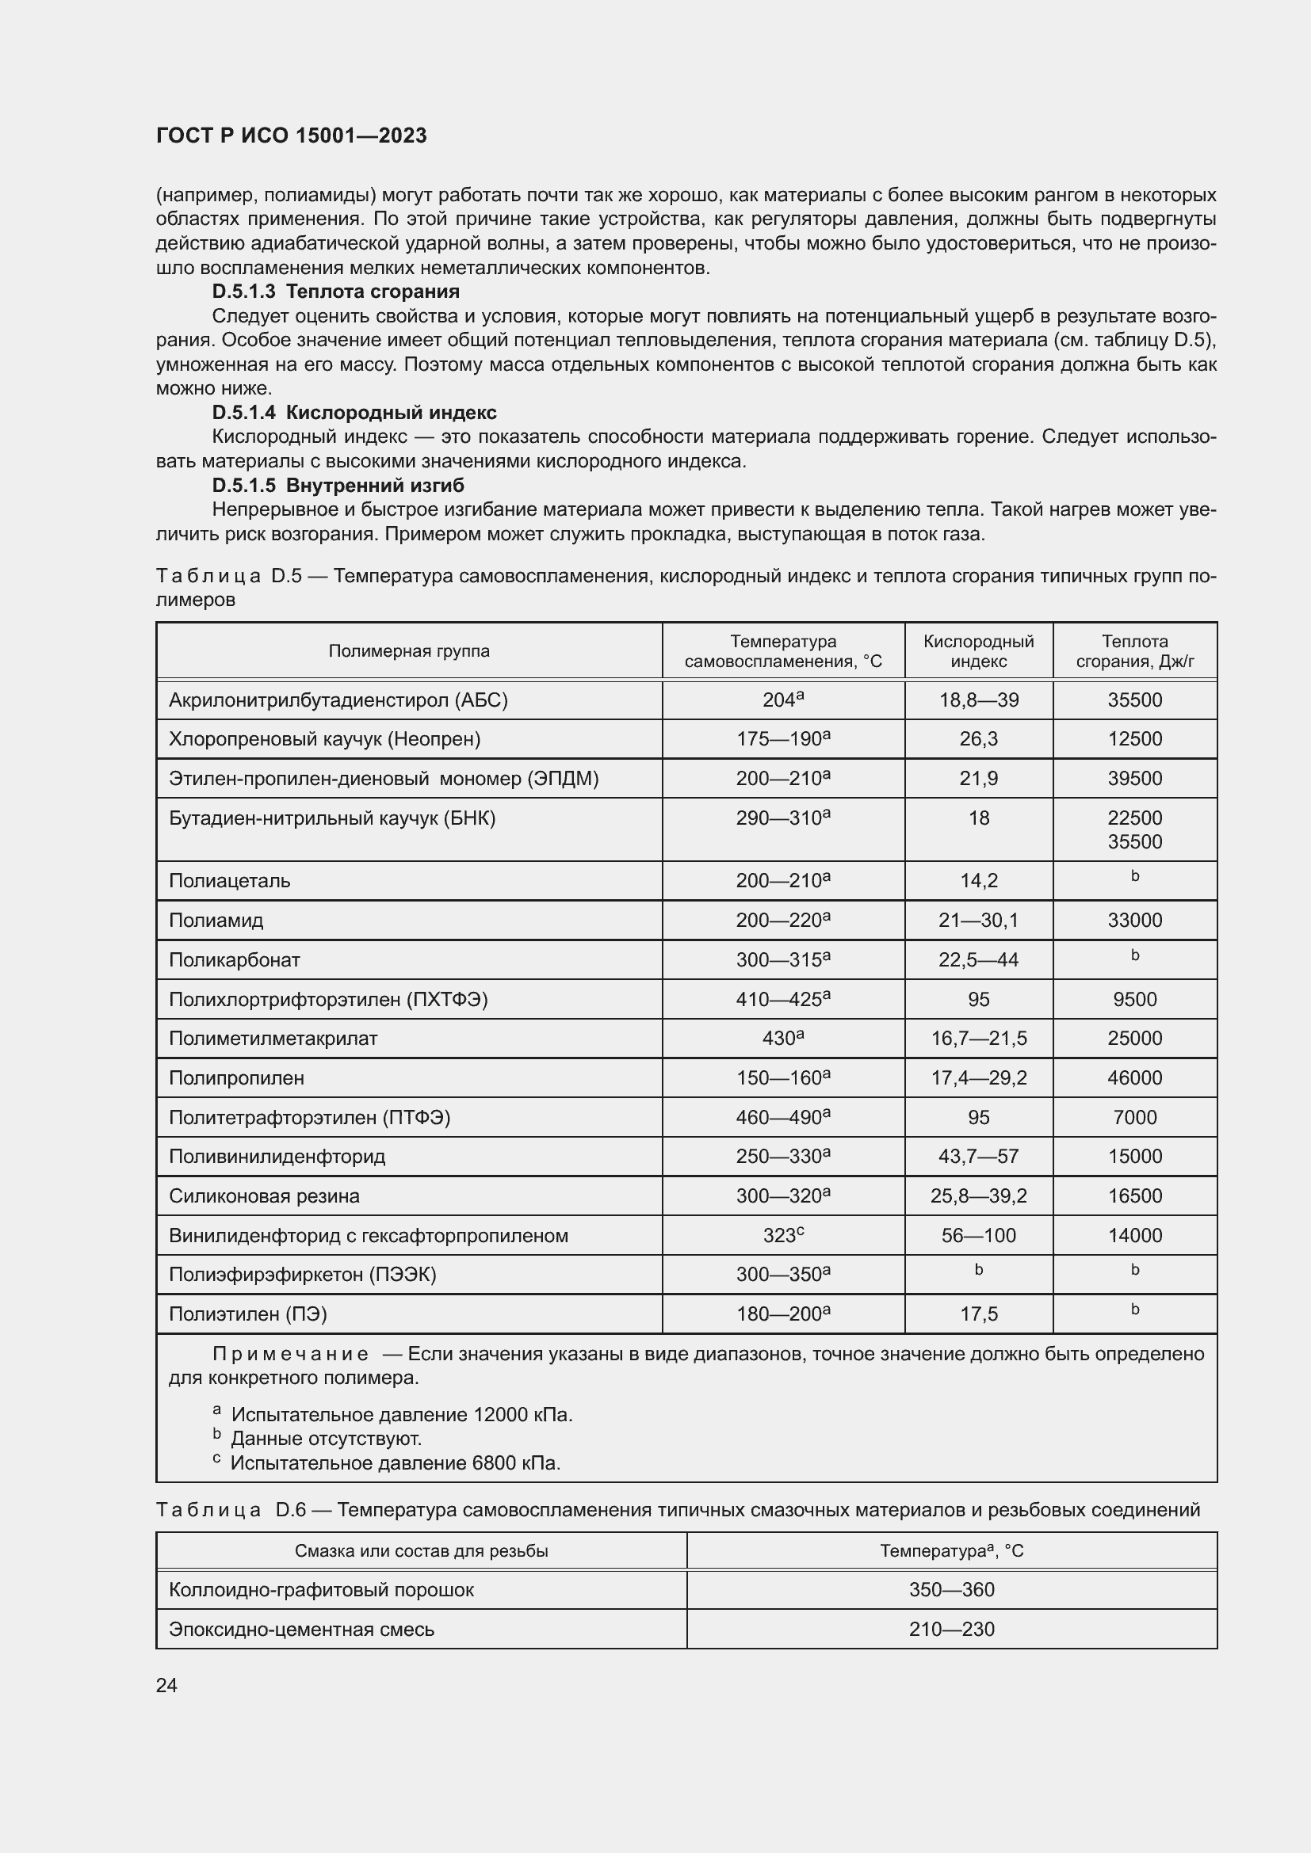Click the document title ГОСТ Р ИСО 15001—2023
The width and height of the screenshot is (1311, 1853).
click(292, 135)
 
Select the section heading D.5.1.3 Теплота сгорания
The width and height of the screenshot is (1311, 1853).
click(336, 292)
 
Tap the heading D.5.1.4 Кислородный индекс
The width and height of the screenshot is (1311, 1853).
click(354, 413)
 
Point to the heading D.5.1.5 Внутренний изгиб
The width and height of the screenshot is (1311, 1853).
click(338, 485)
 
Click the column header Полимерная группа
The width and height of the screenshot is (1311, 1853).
click(408, 651)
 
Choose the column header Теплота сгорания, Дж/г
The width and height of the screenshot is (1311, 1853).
click(1134, 651)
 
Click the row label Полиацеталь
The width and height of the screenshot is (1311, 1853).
click(229, 880)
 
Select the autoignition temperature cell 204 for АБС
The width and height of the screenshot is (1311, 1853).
click(782, 700)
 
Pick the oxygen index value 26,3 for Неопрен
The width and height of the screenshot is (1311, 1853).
click(978, 739)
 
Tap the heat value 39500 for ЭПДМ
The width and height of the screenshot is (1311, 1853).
click(1134, 779)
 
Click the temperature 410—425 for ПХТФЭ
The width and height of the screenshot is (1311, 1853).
click(782, 999)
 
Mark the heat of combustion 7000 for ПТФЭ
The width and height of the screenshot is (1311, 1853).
click(1134, 1118)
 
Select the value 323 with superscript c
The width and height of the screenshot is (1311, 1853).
click(782, 1236)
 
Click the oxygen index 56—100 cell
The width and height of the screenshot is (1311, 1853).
click(978, 1236)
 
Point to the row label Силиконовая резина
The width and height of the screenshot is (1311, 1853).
click(264, 1196)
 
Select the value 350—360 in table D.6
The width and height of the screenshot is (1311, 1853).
click(951, 1590)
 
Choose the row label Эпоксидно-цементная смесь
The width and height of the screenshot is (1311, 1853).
click(301, 1630)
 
